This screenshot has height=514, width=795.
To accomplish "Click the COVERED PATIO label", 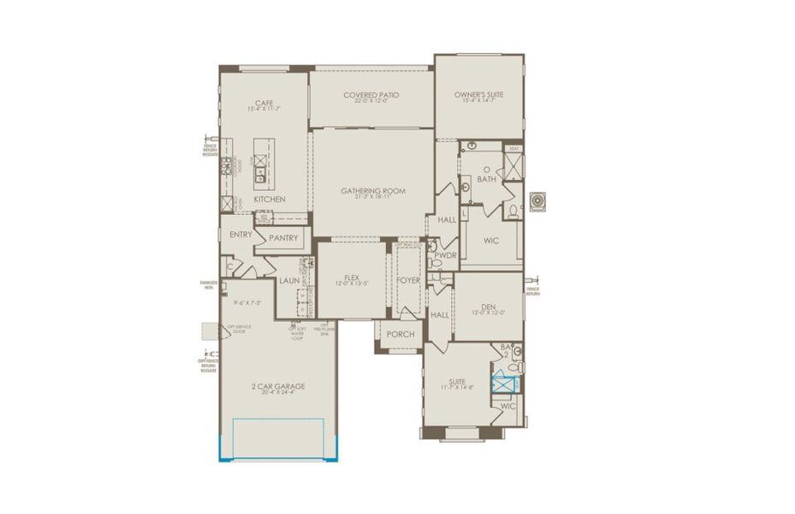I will click(371, 95).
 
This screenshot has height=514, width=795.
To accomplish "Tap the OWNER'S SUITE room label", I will click(478, 95).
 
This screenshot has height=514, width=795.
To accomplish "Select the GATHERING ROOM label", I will click(372, 191).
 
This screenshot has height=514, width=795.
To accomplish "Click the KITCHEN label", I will click(270, 200).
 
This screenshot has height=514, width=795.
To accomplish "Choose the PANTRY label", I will click(282, 238).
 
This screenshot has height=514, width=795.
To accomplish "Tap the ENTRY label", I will click(241, 234).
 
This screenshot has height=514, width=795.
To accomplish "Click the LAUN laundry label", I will click(288, 280).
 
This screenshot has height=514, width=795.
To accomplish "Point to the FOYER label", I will click(408, 280).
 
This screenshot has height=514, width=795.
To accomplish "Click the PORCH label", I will click(400, 334).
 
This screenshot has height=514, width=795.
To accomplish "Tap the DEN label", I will click(489, 306).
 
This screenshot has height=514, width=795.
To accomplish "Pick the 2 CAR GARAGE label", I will click(278, 386).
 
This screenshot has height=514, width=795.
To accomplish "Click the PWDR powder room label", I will click(443, 255).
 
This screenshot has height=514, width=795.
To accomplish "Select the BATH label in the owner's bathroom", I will click(486, 180).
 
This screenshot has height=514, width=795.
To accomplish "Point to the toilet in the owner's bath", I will click(513, 210).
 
